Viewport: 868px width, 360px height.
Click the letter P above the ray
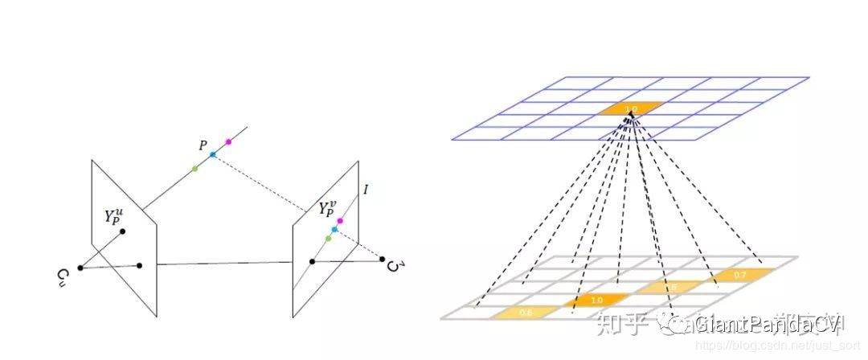click(x=203, y=145)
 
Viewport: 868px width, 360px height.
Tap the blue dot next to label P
click(x=213, y=154)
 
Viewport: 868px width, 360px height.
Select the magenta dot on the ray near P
click(x=228, y=141)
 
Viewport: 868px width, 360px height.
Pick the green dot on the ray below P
click(x=195, y=168)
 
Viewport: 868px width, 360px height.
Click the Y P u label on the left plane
click(x=117, y=217)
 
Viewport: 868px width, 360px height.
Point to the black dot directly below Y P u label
click(x=123, y=232)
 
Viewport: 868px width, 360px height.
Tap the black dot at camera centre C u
click(x=80, y=268)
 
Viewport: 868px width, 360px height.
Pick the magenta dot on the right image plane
click(x=340, y=220)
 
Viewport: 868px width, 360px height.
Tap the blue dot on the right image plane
click(x=334, y=230)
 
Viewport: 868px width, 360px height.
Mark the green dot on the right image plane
click(x=328, y=239)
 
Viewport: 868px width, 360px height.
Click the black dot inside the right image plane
click(x=313, y=261)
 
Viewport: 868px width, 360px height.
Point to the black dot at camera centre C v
click(x=383, y=259)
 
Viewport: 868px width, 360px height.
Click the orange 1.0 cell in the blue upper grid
click(x=631, y=108)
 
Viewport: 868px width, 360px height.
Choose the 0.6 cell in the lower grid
click(x=526, y=312)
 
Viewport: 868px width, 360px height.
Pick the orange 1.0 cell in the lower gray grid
click(x=596, y=301)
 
